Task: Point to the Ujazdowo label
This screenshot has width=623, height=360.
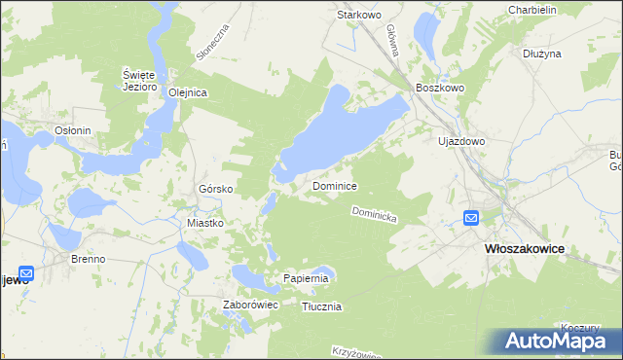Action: (461, 141)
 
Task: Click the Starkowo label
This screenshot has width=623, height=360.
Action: (357, 15)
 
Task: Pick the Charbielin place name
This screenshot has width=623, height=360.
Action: (531, 10)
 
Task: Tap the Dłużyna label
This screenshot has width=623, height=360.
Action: (542, 54)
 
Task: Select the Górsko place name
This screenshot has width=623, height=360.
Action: (212, 189)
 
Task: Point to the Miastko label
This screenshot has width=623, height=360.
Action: (205, 223)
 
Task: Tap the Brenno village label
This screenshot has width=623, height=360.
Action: (88, 260)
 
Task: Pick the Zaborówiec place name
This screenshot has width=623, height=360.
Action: (251, 306)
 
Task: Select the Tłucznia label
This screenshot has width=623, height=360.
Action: (321, 306)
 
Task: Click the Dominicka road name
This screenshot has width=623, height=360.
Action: (374, 216)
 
